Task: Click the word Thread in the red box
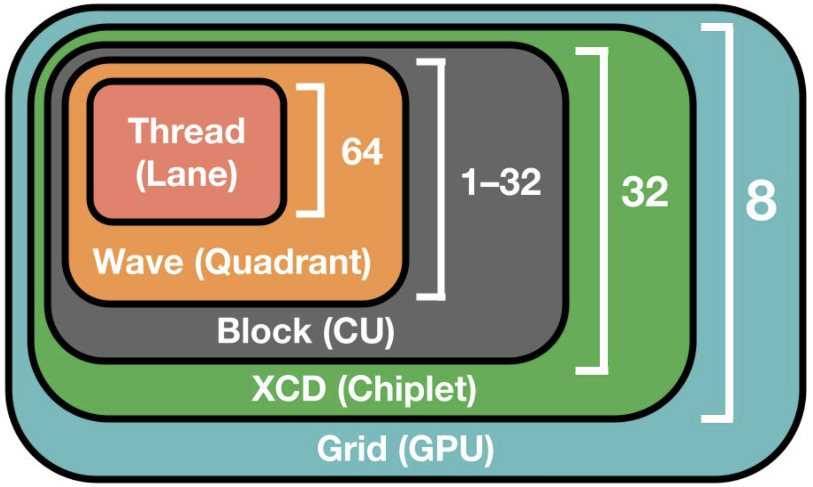coord(187,131)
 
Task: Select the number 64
coord(362,152)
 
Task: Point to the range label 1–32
coord(501,182)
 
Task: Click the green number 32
coord(644,192)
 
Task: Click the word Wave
coord(138,262)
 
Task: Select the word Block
coord(264,330)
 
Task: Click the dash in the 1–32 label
coord(487,183)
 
